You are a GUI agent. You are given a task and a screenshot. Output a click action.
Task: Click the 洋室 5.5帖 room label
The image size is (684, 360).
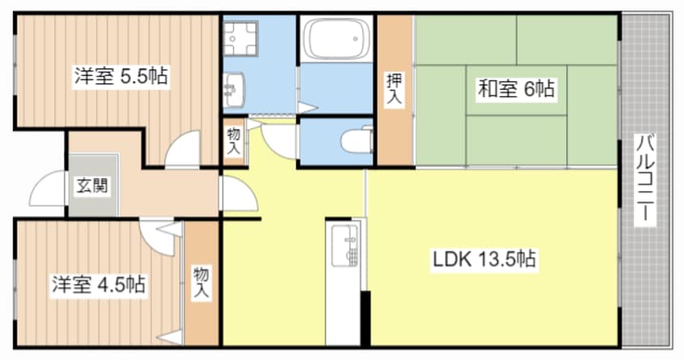121,77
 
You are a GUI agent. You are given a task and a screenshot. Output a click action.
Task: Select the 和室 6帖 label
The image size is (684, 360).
516,89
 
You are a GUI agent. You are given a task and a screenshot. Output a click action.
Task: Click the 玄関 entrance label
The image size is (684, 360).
91,185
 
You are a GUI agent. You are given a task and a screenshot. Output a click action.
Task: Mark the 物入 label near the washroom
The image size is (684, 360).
233,142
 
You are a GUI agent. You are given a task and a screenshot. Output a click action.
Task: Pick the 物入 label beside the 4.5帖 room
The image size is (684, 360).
201,283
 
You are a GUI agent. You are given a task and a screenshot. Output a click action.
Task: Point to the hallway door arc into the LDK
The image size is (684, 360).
240,194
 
